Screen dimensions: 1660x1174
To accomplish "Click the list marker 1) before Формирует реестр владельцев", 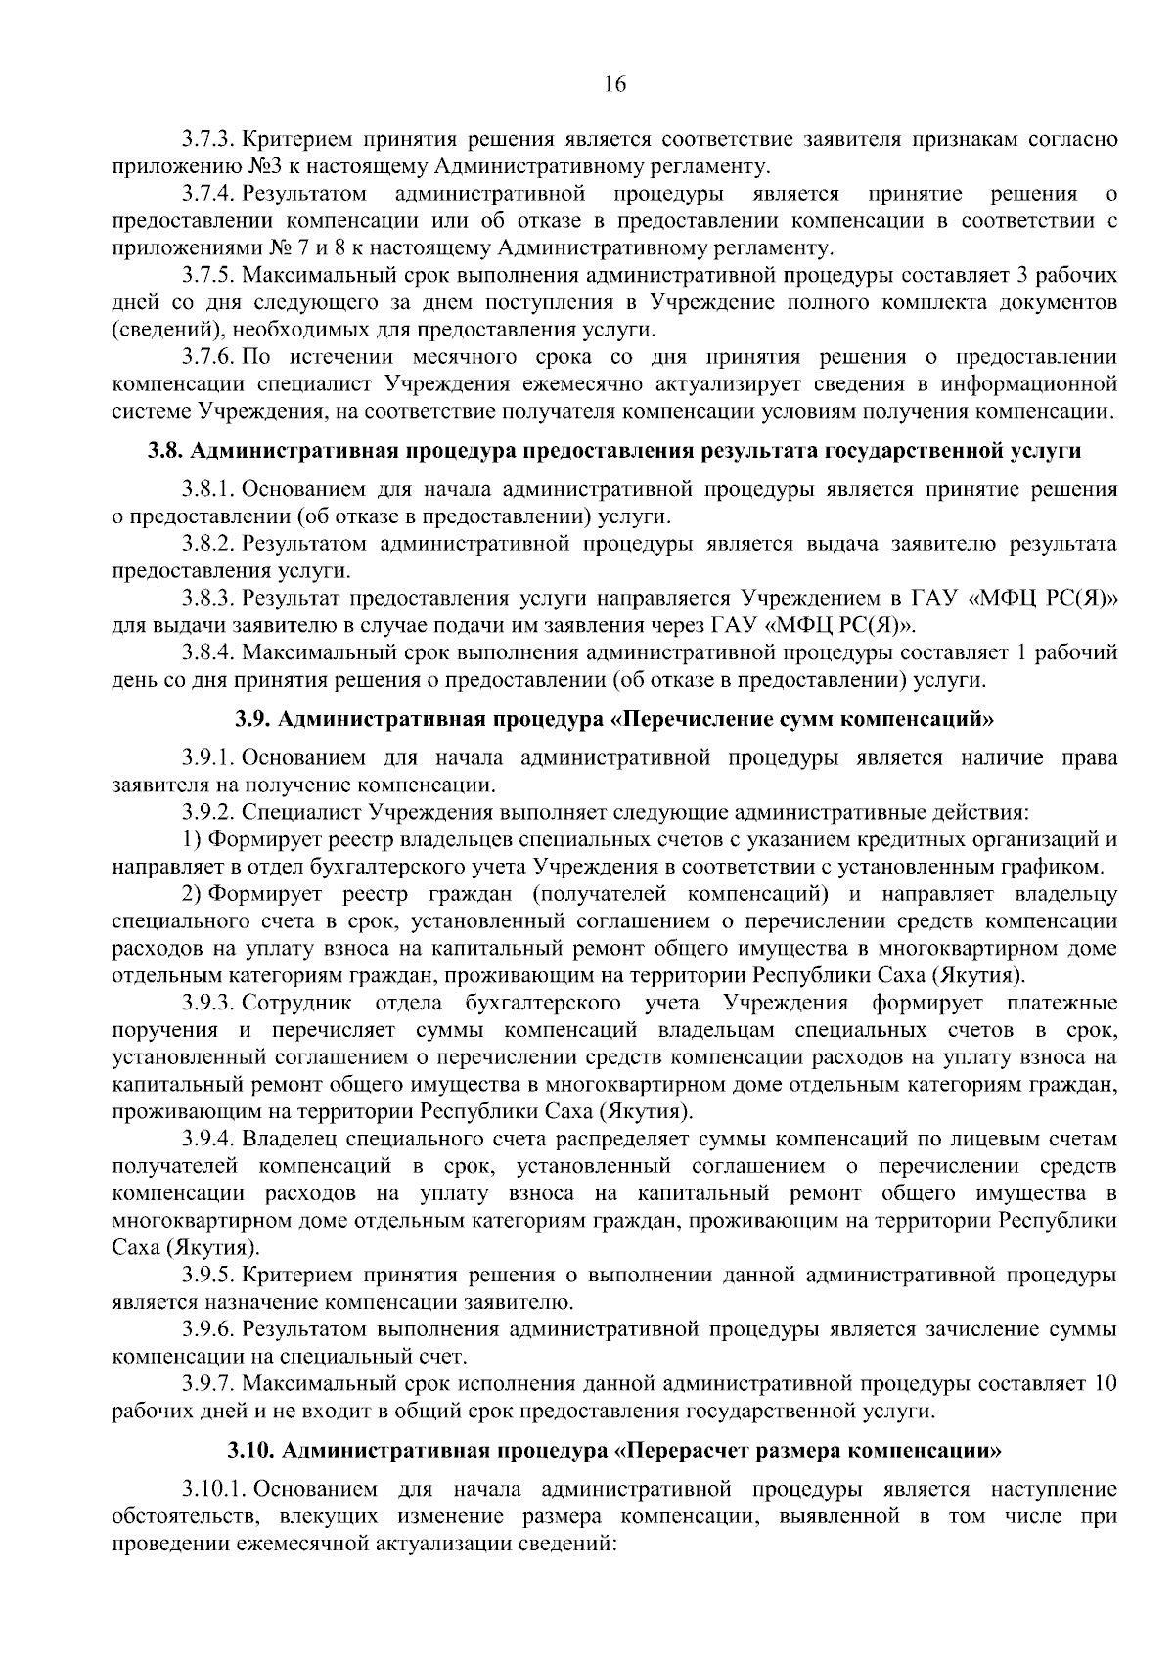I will [193, 840].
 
